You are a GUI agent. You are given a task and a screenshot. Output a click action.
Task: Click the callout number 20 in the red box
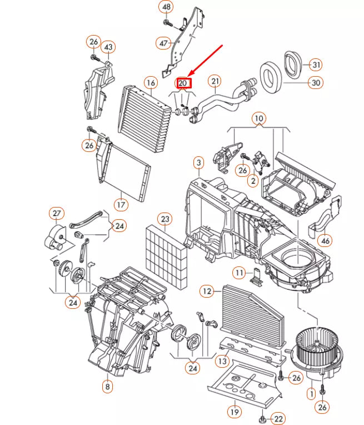(183, 83)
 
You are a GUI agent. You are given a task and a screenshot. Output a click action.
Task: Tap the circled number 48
(166, 7)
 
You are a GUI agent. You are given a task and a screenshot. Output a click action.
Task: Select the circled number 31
(316, 65)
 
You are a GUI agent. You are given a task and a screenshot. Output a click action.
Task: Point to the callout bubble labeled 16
(150, 83)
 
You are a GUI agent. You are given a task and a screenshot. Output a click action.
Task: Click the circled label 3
(198, 163)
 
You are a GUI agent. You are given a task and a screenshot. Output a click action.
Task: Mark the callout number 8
(106, 386)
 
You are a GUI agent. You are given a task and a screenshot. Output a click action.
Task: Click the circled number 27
(57, 214)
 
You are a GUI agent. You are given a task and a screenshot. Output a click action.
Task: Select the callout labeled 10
(258, 118)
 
